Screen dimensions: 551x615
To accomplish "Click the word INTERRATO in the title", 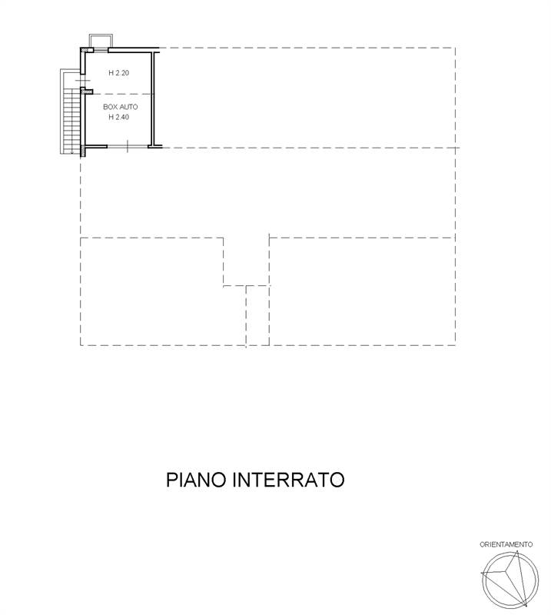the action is tap(289, 480).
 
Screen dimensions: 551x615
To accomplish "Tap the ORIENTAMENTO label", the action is tap(506, 544).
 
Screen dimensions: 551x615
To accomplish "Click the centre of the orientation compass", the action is tap(510, 580).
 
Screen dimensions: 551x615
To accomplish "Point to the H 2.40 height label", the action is tap(119, 117).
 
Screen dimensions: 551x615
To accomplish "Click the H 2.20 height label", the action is tap(119, 72).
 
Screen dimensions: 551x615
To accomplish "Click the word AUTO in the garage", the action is tap(128, 107).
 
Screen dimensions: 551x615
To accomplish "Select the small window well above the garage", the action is tap(101, 41).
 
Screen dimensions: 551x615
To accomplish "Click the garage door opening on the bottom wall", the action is tap(128, 147).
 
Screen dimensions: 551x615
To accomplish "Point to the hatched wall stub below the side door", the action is tap(87, 91).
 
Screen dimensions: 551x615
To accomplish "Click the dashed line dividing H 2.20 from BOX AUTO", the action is tap(119, 94).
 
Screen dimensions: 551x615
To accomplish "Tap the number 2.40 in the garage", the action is tap(122, 117).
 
